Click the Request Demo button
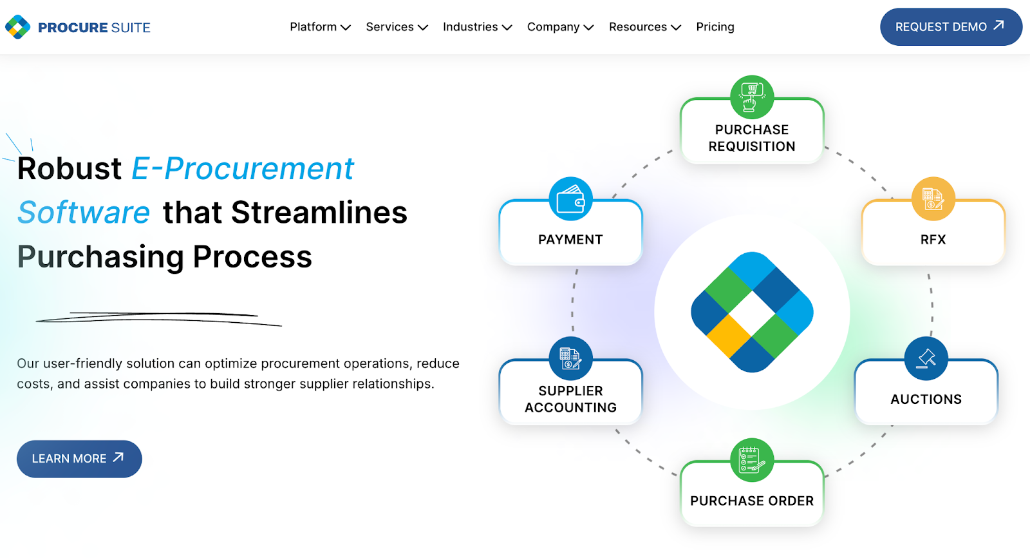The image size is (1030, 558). [950, 27]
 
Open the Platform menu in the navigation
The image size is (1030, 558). [320, 27]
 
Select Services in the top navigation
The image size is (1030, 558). [397, 27]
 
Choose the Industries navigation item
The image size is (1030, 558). [477, 27]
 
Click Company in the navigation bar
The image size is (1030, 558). [560, 27]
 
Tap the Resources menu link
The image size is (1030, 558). [644, 27]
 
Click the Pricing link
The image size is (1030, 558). [715, 27]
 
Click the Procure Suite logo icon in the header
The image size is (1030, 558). [18, 27]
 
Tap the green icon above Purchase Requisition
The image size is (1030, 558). [752, 97]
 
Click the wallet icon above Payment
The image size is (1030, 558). [570, 198]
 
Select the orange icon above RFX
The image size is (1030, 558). [933, 198]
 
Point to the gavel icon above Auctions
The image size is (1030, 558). [926, 358]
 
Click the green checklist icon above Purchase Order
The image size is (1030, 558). [752, 460]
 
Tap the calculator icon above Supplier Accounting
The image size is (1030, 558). [570, 358]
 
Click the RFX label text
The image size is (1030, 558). [933, 240]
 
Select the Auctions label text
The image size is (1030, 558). [926, 399]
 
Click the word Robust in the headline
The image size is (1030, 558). [70, 169]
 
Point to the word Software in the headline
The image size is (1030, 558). [84, 213]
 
